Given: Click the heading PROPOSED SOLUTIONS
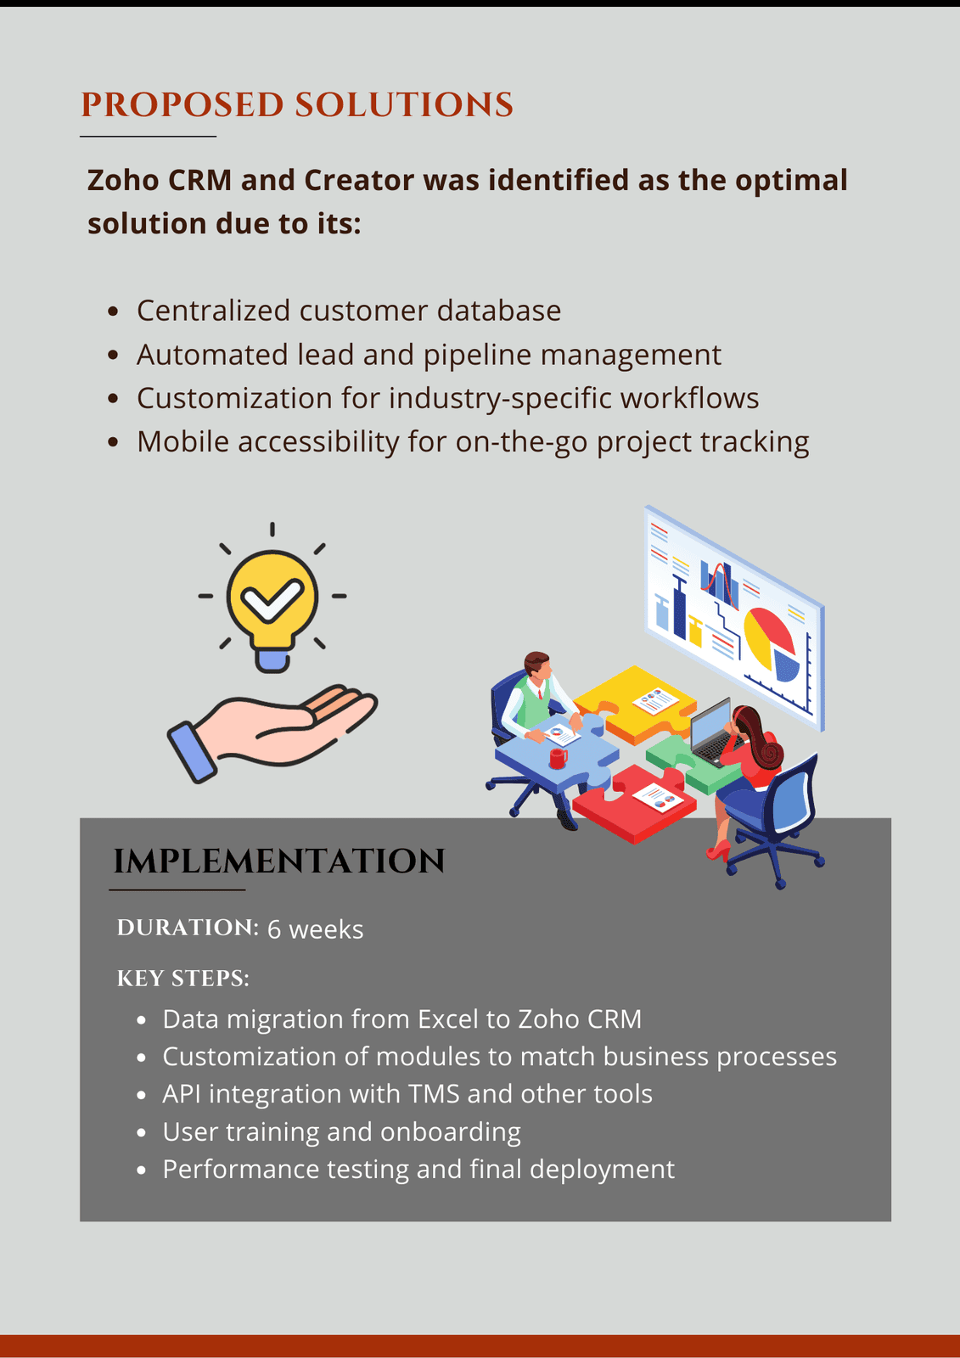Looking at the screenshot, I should click(297, 105).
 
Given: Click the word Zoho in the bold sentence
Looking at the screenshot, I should click(123, 181).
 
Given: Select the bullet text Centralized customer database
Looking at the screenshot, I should click(348, 311).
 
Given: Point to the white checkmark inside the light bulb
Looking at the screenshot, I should click(271, 599).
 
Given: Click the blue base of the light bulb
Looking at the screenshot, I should click(272, 659).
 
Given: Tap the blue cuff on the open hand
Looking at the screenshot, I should click(192, 751).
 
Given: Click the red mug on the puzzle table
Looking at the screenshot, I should click(558, 757).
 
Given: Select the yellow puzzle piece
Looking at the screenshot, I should click(632, 700).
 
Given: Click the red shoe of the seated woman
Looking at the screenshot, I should click(718, 850).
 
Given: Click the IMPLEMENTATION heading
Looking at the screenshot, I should click(279, 861).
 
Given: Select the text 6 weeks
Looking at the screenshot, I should click(315, 929).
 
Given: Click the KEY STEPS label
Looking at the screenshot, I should click(183, 979).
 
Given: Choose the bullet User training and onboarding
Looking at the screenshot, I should click(341, 1132).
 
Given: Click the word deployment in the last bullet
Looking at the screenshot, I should click(602, 1170).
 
